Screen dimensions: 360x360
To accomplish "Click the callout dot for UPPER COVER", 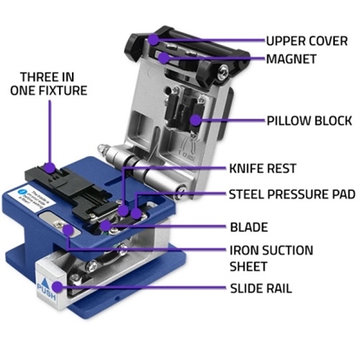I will tap(154, 39).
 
